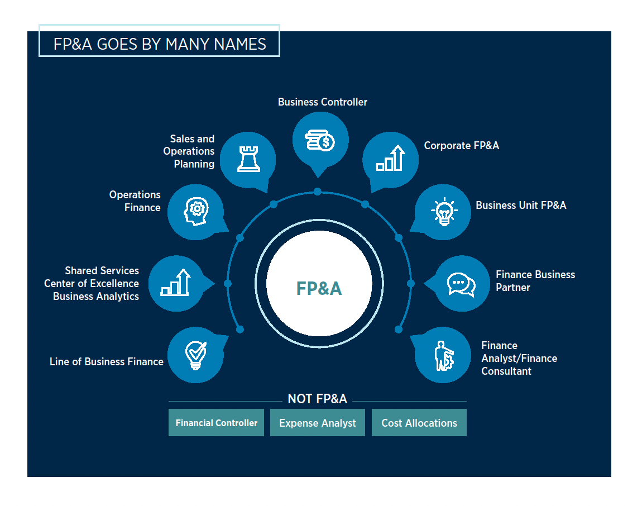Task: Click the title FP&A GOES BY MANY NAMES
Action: click(159, 44)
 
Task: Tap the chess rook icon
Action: click(248, 159)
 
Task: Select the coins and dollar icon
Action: click(320, 140)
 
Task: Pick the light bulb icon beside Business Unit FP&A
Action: click(444, 212)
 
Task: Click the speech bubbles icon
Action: click(461, 284)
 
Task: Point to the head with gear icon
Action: click(195, 212)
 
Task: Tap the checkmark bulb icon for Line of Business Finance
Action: click(195, 355)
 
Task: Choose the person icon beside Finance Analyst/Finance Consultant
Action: click(444, 355)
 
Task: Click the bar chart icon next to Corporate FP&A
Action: click(390, 159)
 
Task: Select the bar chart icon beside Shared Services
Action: click(176, 283)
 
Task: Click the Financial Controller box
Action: click(216, 423)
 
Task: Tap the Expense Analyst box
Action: click(317, 423)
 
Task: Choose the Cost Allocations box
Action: click(419, 423)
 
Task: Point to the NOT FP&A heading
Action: click(317, 399)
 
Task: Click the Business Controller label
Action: click(323, 102)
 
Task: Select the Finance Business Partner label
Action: click(535, 281)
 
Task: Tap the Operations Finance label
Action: click(135, 201)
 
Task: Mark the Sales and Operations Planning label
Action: click(189, 151)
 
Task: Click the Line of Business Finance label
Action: click(107, 362)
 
